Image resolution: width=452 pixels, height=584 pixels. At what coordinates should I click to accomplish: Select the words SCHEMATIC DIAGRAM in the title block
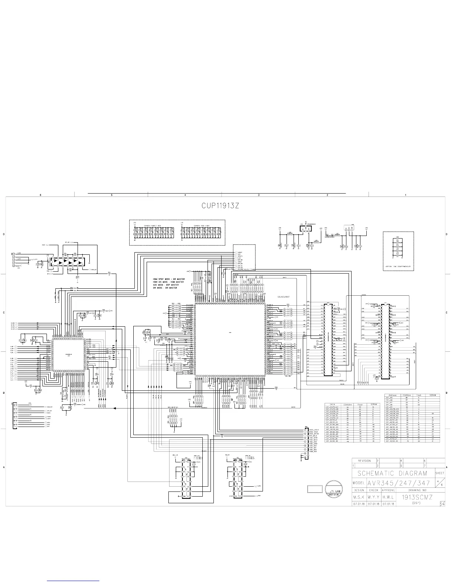(392, 473)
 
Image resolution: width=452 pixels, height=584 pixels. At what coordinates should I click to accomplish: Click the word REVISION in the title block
(364, 461)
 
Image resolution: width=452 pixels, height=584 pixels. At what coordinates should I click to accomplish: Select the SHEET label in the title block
(439, 473)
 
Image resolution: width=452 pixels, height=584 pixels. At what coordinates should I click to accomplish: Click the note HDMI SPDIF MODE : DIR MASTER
(169, 279)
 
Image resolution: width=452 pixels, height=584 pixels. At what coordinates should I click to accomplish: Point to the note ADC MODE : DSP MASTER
(165, 285)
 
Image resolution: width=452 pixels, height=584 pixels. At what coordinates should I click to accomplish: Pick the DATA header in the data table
(332, 404)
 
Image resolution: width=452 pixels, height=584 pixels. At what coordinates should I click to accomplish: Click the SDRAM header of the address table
(433, 395)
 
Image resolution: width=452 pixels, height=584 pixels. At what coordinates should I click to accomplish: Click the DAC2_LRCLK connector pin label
(315, 430)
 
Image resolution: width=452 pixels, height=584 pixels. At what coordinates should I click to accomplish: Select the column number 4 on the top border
(185, 195)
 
